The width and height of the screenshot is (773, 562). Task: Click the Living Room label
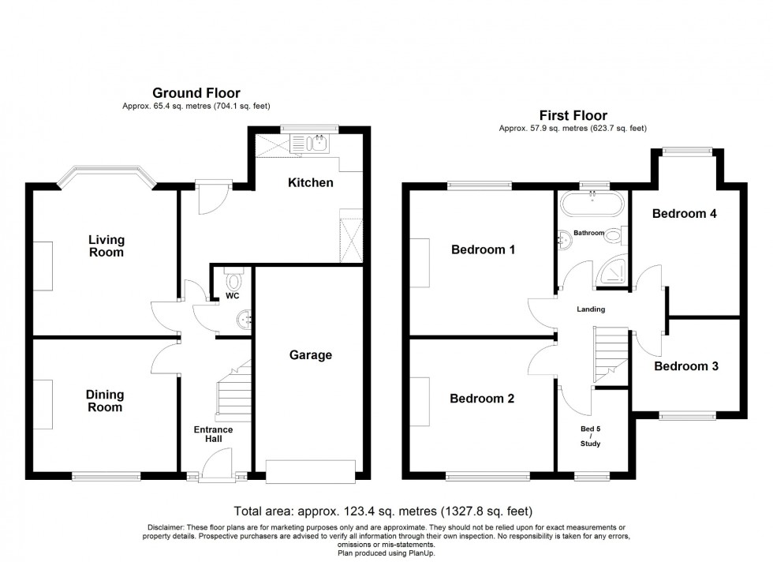(106, 246)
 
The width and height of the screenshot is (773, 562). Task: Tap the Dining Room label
(106, 401)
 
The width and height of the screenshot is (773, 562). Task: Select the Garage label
(311, 355)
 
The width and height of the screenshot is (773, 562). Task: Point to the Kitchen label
(310, 182)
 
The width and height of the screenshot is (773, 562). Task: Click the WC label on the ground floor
(232, 297)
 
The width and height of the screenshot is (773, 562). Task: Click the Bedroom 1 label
(483, 250)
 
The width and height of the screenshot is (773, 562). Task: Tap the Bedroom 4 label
(685, 213)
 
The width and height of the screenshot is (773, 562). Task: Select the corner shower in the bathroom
(611, 272)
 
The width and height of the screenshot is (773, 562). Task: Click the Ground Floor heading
(196, 94)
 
